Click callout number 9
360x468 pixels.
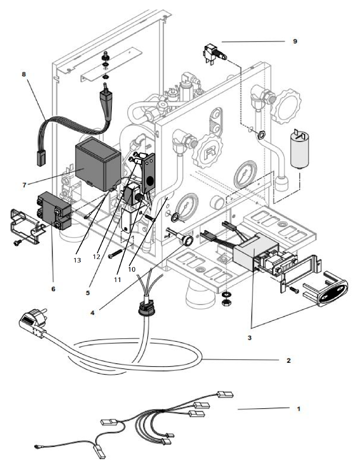295,42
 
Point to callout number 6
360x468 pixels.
53,289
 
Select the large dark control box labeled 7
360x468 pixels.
98,161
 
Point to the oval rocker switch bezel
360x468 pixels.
331,290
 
